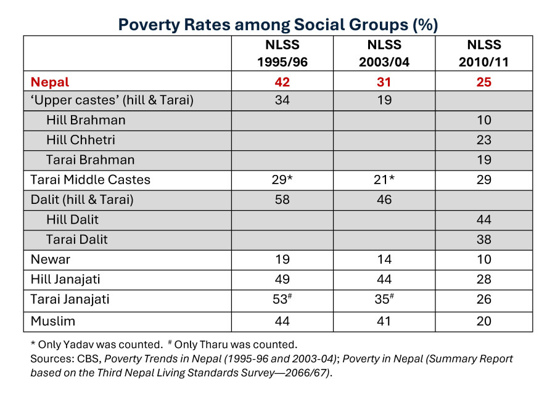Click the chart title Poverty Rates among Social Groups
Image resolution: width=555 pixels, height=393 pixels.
277,25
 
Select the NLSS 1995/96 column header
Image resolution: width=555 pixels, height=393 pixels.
282,54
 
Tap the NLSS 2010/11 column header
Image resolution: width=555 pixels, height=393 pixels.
483,54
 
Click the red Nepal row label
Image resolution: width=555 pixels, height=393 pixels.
50,82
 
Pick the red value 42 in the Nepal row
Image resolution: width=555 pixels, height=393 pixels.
282,82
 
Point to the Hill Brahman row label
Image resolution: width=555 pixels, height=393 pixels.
86,120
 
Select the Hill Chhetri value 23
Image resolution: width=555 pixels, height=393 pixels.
483,140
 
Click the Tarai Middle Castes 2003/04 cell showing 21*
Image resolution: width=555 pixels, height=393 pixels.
384,180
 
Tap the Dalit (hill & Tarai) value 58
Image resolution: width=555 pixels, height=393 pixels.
282,200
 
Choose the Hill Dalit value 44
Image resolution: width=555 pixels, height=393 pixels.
483,219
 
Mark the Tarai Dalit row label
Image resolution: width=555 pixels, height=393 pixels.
77,239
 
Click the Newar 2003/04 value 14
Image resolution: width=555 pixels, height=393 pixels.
384,259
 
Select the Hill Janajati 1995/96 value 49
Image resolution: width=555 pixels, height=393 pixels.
282,279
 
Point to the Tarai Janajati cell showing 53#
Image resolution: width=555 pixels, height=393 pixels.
283,299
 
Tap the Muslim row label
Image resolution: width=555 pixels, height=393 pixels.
52,320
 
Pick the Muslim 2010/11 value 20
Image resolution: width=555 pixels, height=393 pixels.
483,320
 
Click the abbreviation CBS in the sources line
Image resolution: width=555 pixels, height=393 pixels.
84,359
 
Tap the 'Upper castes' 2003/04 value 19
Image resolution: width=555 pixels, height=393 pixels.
384,100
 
